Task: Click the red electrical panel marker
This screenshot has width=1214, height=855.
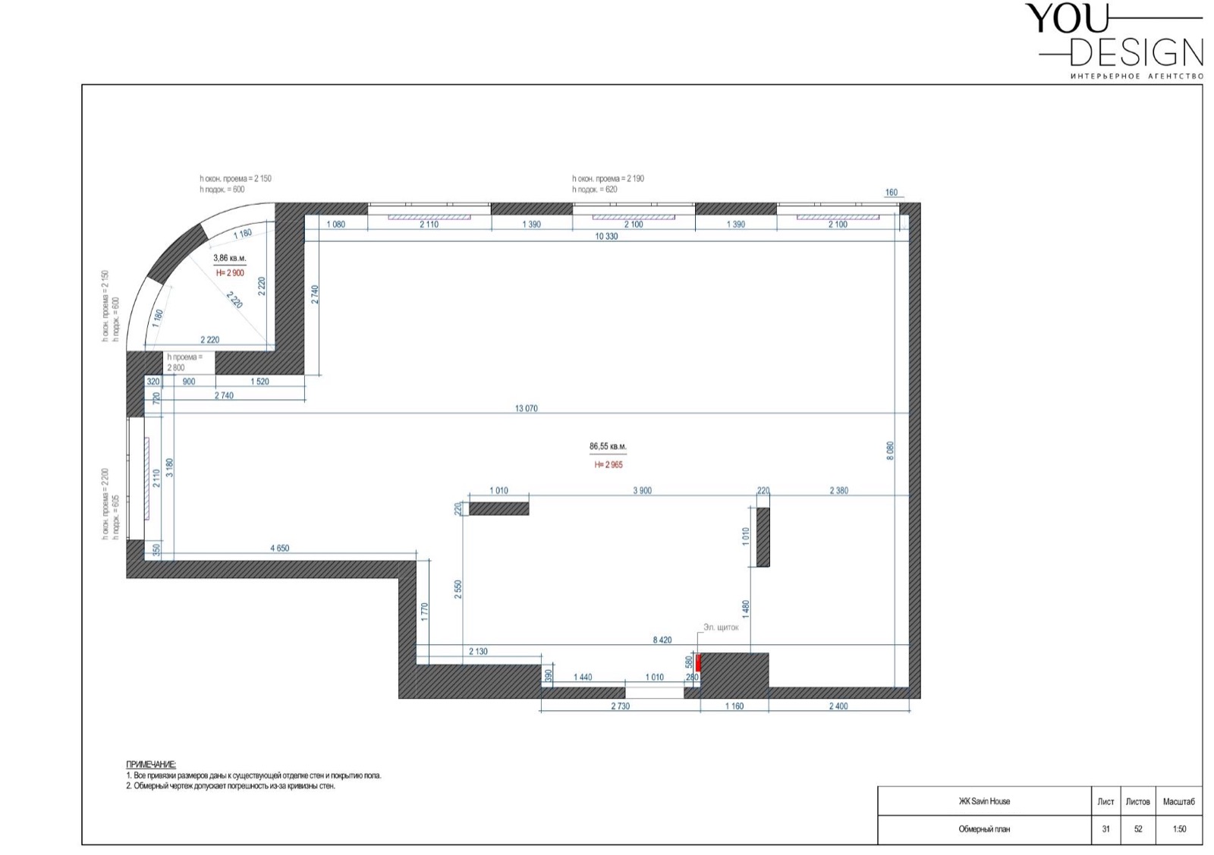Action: [698, 662]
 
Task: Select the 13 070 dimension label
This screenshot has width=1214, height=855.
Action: [527, 409]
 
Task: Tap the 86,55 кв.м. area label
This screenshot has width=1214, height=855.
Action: [608, 446]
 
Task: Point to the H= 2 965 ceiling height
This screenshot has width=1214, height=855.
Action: [608, 465]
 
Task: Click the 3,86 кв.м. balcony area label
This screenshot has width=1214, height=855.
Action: [230, 259]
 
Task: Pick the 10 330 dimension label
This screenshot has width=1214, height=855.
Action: [606, 236]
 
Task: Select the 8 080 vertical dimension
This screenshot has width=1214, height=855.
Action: [890, 451]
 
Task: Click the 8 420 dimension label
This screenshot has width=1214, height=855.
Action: [662, 640]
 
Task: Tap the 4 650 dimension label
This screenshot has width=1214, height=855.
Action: [280, 549]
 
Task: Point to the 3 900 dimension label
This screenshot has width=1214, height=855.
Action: [642, 491]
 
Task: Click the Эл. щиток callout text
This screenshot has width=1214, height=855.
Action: [721, 627]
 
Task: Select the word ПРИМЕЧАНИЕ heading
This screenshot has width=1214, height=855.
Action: [151, 765]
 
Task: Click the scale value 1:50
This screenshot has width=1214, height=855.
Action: [1179, 829]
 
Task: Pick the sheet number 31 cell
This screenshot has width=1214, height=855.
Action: [1105, 829]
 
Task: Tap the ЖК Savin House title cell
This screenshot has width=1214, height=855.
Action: [984, 801]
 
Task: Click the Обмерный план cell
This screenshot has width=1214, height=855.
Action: [984, 829]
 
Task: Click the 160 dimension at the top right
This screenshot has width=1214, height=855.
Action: [891, 193]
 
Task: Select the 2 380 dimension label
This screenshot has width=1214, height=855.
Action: [839, 491]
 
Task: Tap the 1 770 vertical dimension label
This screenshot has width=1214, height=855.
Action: [424, 611]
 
